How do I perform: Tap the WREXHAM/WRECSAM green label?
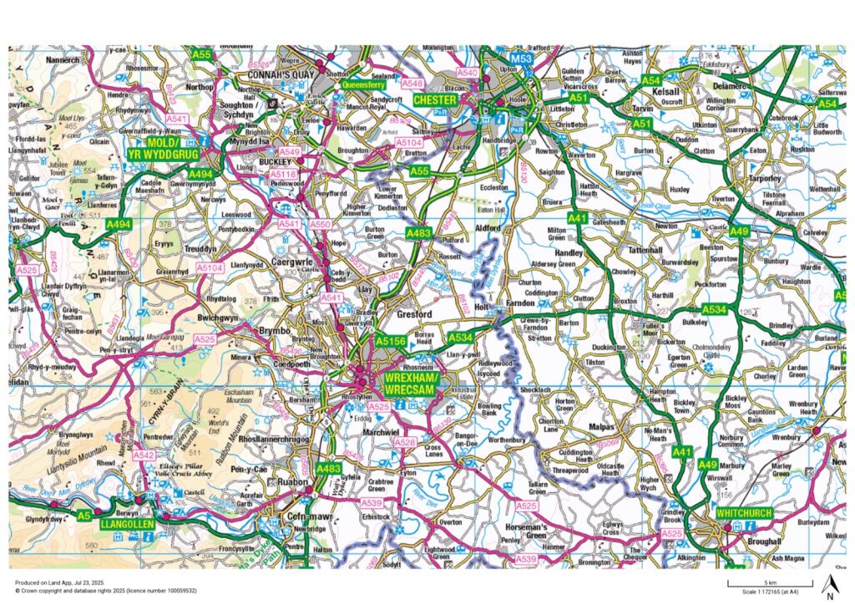coord(409,384)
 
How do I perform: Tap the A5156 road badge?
coord(390,341)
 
